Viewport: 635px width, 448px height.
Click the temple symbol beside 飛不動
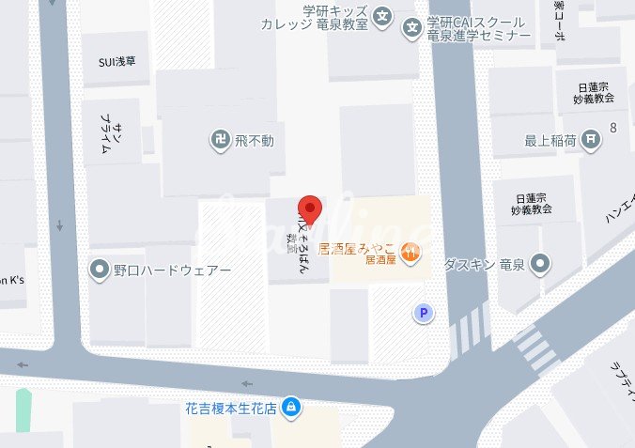(219, 141)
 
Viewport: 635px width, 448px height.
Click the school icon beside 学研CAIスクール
(411, 28)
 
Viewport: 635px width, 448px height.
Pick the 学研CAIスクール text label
(478, 22)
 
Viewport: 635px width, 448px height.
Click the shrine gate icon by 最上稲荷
(590, 141)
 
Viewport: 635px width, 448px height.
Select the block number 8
(613, 127)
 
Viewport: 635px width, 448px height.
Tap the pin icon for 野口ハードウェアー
(100, 270)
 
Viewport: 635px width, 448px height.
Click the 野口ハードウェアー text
(171, 270)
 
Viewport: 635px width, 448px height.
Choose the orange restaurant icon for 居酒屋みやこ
(410, 250)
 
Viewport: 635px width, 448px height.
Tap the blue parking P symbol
(426, 313)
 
